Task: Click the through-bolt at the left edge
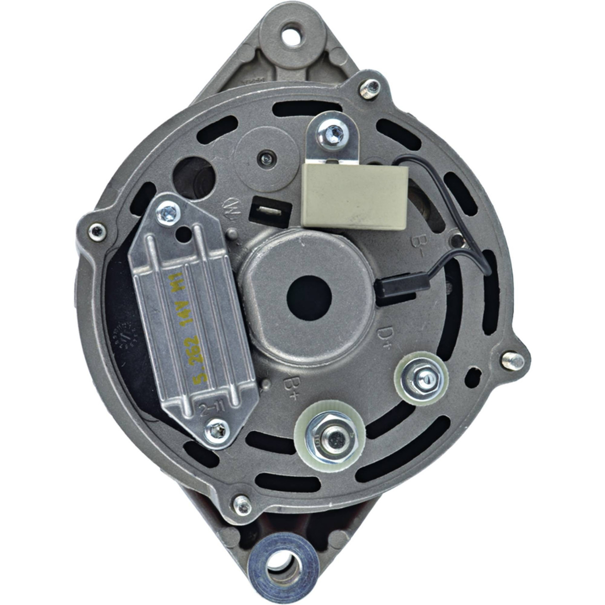click(97, 232)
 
